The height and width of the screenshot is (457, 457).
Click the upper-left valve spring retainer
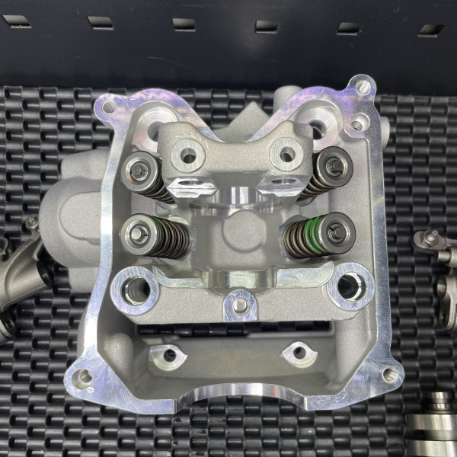(x=139, y=171)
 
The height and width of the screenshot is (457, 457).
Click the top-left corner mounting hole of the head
(x=109, y=107)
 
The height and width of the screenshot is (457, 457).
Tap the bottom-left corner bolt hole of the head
(x=85, y=375)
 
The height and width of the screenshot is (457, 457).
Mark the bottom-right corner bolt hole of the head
(x=389, y=375)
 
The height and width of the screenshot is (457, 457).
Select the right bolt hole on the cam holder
(x=286, y=155)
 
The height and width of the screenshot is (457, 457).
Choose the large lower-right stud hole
(x=349, y=286)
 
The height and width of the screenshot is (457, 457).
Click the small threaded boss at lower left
(x=169, y=353)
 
